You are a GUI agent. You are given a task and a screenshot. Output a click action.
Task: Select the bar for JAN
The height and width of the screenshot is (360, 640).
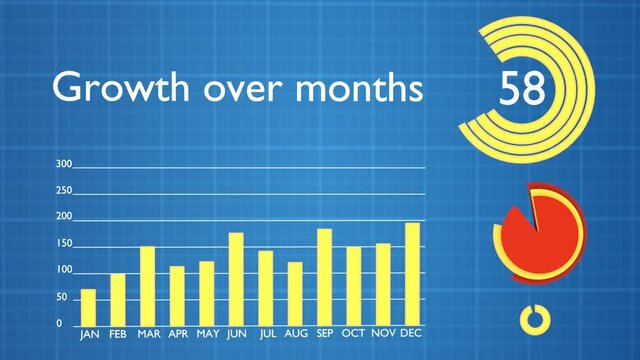88,307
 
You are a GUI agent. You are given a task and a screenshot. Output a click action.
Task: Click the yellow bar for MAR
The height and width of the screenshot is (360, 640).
147,285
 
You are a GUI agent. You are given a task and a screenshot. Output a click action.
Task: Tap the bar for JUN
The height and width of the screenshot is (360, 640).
236,278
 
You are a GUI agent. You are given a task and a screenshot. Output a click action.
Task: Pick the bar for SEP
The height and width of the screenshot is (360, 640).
324,276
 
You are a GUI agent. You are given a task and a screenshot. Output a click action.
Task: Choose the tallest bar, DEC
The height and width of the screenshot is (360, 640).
412,273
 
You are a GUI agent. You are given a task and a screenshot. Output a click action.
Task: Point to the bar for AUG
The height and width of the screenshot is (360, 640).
295,293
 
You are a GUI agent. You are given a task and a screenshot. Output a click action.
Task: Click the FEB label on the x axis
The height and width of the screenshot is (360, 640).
118,334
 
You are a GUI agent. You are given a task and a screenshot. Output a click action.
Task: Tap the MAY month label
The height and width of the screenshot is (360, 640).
206,334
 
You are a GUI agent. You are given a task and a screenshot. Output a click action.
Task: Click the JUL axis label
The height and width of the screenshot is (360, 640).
266,334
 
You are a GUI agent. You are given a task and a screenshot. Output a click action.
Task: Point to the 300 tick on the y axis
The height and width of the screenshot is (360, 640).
64,164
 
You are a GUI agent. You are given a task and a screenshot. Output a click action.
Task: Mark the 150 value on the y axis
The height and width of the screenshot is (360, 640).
64,244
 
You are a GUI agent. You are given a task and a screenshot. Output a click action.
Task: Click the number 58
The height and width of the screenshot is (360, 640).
522,89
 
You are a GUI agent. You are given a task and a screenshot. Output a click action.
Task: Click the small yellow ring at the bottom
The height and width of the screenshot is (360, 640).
535,319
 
